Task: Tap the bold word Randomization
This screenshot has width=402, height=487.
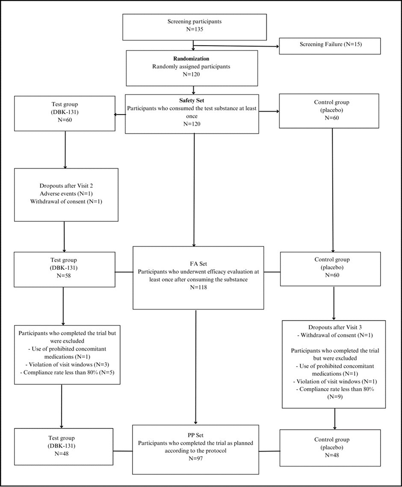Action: click(191, 59)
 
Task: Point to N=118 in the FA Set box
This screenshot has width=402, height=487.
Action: click(198, 287)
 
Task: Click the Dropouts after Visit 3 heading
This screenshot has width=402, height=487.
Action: click(328, 328)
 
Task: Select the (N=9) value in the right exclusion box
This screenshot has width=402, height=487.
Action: click(328, 396)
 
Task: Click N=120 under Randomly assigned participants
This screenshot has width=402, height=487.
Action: click(191, 74)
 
